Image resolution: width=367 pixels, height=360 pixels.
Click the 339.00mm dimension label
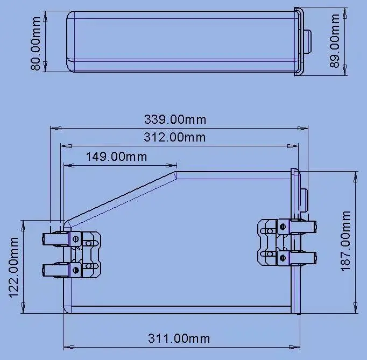[175, 119]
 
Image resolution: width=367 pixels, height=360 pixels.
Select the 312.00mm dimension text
[175, 137]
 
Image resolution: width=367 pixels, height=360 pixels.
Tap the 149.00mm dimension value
[116, 157]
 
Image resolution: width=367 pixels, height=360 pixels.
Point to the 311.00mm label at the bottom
[179, 338]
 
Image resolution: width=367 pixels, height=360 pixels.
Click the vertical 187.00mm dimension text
[345, 241]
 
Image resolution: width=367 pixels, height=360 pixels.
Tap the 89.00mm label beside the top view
[334, 40]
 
